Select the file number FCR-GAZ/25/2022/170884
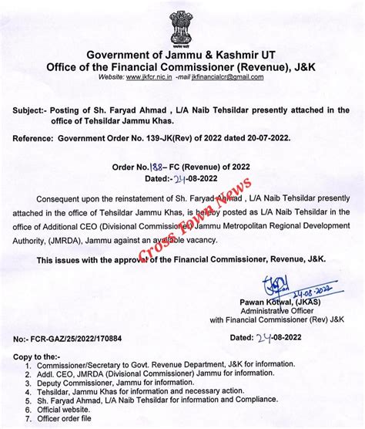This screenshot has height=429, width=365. click(x=87, y=337)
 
